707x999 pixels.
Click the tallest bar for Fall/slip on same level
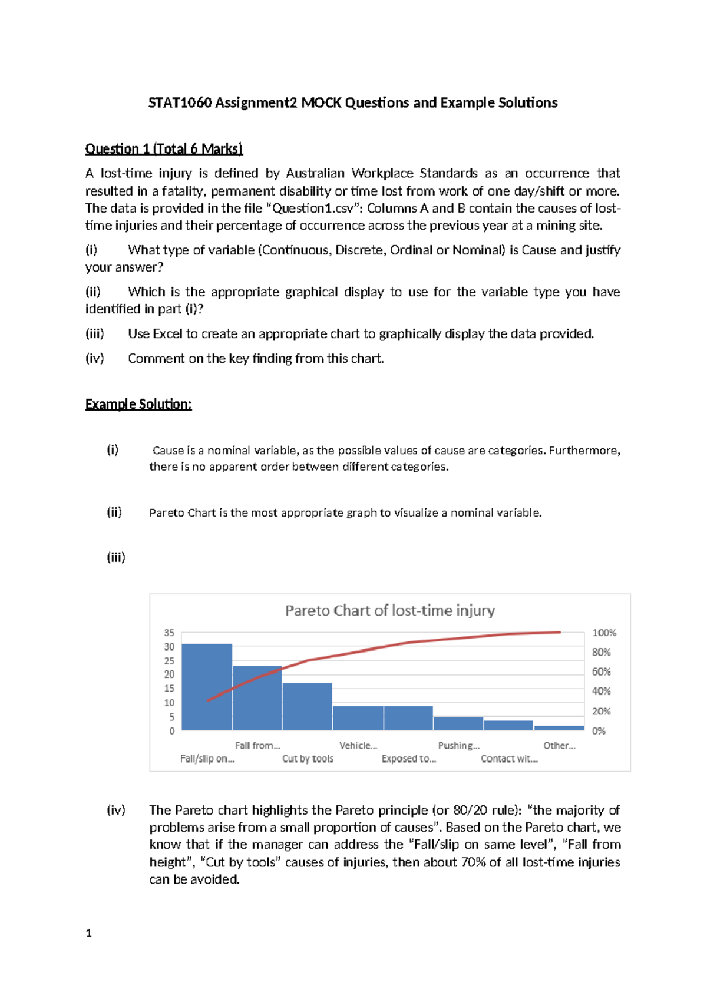207,686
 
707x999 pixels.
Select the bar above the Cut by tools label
307,706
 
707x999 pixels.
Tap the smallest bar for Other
559,728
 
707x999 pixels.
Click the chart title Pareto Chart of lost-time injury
389,610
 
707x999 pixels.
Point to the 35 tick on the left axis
169,633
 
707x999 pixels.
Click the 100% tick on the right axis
604,633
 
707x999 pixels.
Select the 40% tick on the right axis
601,691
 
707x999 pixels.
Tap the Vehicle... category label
358,745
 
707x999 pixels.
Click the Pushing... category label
458,745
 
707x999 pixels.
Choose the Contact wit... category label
509,759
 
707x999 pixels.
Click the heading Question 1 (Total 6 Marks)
164,148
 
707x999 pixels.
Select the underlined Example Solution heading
138,404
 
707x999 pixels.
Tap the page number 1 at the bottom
88,933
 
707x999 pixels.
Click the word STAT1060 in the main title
179,102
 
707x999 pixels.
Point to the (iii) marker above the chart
115,557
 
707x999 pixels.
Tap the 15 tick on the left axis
169,688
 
